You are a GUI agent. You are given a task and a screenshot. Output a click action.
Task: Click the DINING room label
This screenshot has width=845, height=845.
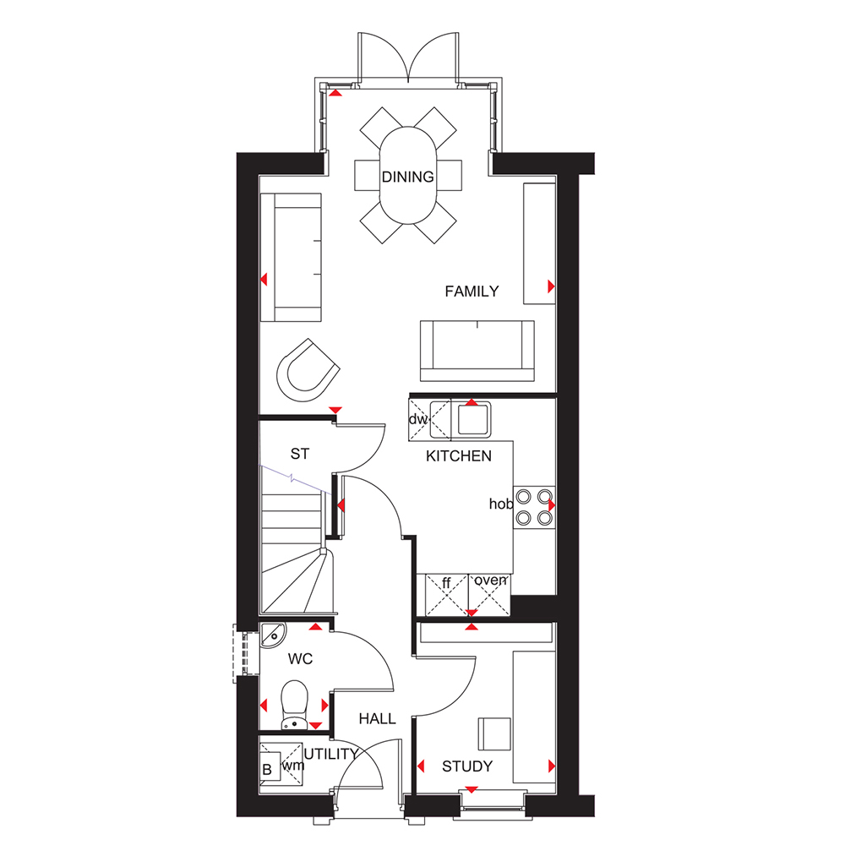click(x=407, y=177)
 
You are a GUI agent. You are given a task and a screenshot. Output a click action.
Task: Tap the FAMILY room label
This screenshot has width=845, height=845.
click(x=472, y=292)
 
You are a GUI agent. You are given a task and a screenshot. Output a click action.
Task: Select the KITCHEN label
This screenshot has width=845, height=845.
click(x=459, y=456)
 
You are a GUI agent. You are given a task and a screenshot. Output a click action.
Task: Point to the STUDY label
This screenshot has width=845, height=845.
click(x=467, y=766)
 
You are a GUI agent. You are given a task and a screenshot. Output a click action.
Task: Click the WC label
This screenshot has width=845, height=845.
click(x=300, y=658)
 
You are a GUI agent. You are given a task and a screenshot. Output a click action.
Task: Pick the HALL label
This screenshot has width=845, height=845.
click(x=377, y=718)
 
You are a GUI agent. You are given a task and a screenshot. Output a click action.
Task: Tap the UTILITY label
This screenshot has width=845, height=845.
click(x=331, y=754)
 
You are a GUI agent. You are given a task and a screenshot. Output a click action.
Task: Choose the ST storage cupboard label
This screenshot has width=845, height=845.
click(x=300, y=454)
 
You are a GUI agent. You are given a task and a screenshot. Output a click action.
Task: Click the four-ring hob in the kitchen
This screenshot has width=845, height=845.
click(x=534, y=507)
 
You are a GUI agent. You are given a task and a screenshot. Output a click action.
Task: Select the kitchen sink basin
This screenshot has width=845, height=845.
click(x=474, y=419)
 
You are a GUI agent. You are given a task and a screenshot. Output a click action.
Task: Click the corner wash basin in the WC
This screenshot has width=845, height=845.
click(x=273, y=635)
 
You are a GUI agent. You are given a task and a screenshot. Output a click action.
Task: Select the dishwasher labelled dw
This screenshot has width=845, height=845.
click(x=420, y=419)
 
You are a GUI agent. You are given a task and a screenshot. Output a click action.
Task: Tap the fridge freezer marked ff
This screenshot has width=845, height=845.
click(x=447, y=594)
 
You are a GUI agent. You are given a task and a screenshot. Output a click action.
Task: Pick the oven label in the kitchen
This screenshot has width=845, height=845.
click(x=490, y=580)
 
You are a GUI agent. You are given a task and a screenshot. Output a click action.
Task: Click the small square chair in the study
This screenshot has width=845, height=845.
click(x=494, y=734)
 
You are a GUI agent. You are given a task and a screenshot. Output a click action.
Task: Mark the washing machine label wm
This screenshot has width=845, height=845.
click(x=293, y=766)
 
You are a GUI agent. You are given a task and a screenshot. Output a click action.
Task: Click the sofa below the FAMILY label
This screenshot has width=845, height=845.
click(x=477, y=351)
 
